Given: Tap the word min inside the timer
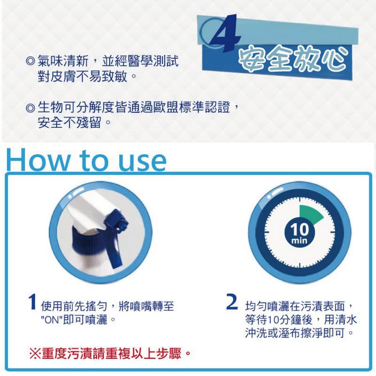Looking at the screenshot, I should click(x=299, y=241).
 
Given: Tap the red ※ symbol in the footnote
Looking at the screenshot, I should click(x=35, y=352).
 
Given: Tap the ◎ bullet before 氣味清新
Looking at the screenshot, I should click(x=31, y=62).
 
